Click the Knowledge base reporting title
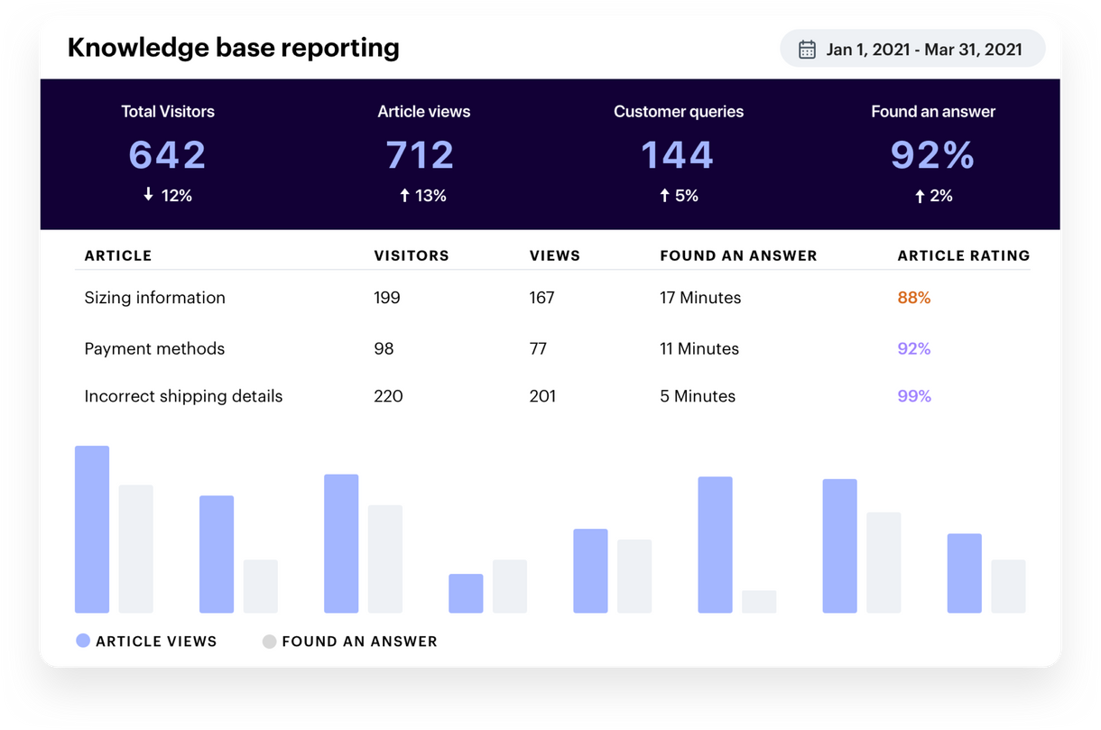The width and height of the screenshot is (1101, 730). coord(233,47)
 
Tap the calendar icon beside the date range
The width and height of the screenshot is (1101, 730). coord(807,49)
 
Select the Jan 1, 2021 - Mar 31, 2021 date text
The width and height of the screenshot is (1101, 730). coord(923,49)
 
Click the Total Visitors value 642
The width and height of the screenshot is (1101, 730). coord(168,154)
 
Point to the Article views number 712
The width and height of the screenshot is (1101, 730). coord(421,154)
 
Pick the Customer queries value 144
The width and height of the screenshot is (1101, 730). coord(678,154)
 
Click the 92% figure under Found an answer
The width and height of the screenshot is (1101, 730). coord(932,154)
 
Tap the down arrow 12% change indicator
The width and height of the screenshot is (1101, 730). coord(168,196)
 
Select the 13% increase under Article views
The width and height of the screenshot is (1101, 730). coord(423,196)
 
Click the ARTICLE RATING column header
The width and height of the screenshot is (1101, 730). coord(963,255)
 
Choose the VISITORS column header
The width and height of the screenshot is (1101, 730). coord(411,255)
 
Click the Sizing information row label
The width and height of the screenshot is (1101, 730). coord(154,298)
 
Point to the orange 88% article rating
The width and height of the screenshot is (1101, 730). coord(913,298)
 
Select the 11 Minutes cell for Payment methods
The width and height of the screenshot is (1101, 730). coord(699,348)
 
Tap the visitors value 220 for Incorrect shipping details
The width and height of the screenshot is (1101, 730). coord(388,396)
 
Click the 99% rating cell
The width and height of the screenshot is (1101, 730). coord(913,396)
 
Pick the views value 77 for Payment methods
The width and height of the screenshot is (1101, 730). coord(538,348)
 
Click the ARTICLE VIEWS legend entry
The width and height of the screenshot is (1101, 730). coord(146,642)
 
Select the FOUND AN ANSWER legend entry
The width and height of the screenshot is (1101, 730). coord(350,642)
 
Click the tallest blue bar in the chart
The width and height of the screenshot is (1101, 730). coord(92,530)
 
